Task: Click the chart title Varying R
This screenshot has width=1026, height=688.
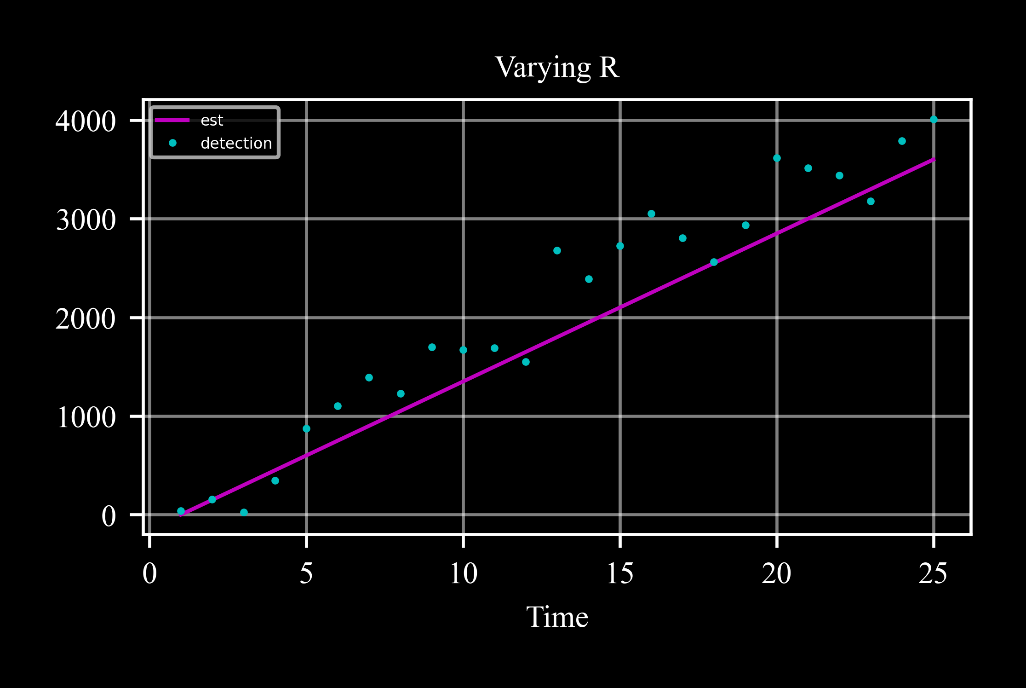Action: (x=557, y=68)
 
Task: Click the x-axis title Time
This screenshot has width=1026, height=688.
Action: (x=557, y=617)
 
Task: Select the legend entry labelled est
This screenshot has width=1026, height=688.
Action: (x=212, y=121)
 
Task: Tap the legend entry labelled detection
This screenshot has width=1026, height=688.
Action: (x=236, y=144)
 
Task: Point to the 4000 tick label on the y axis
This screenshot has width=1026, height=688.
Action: (x=86, y=121)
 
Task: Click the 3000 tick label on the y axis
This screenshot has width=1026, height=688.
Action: (x=86, y=220)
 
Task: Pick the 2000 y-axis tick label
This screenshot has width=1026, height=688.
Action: (x=86, y=318)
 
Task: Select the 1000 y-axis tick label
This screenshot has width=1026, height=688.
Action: (x=86, y=417)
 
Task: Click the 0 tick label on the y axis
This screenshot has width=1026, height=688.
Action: (x=109, y=516)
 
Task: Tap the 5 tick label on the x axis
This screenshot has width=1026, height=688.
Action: (x=306, y=574)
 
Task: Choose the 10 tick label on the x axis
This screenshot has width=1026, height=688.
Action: (x=463, y=574)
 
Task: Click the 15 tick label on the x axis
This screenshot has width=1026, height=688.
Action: (x=620, y=574)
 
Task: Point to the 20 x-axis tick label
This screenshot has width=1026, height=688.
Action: (x=777, y=574)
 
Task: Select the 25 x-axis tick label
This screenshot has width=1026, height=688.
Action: (x=933, y=574)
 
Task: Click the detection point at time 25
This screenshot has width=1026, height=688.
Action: (x=934, y=120)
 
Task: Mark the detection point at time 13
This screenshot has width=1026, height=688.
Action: (x=557, y=251)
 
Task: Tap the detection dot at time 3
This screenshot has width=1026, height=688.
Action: (x=244, y=513)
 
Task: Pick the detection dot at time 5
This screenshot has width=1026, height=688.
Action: (x=306, y=429)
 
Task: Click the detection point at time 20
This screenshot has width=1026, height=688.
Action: (x=777, y=158)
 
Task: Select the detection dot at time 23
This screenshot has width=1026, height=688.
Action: (x=871, y=202)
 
